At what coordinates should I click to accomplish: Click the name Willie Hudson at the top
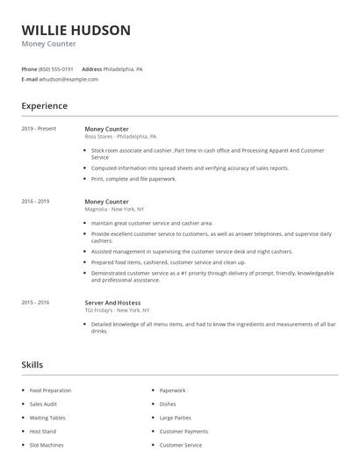point(76,30)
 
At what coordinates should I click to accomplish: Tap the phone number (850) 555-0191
point(56,68)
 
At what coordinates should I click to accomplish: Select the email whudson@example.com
point(68,79)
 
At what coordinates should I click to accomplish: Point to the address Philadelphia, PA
point(123,68)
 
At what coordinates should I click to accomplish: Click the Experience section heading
point(45,106)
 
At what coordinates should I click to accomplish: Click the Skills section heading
point(32,364)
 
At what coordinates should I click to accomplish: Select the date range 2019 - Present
point(39,129)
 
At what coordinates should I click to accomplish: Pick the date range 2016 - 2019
point(35,202)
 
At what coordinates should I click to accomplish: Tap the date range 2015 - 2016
point(35,303)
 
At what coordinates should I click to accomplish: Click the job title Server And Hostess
point(112,303)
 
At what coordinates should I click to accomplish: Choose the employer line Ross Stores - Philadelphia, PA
point(120,137)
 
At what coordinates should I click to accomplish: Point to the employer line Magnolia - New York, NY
point(114,210)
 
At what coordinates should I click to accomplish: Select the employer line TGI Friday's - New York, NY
point(117,311)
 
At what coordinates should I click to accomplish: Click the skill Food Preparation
point(50,390)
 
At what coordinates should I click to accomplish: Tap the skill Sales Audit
point(43,404)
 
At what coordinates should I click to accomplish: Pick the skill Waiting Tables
point(47,418)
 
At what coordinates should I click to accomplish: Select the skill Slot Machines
point(46,445)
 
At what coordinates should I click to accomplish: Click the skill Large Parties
point(176,418)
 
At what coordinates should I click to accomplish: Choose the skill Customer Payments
point(184,432)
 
